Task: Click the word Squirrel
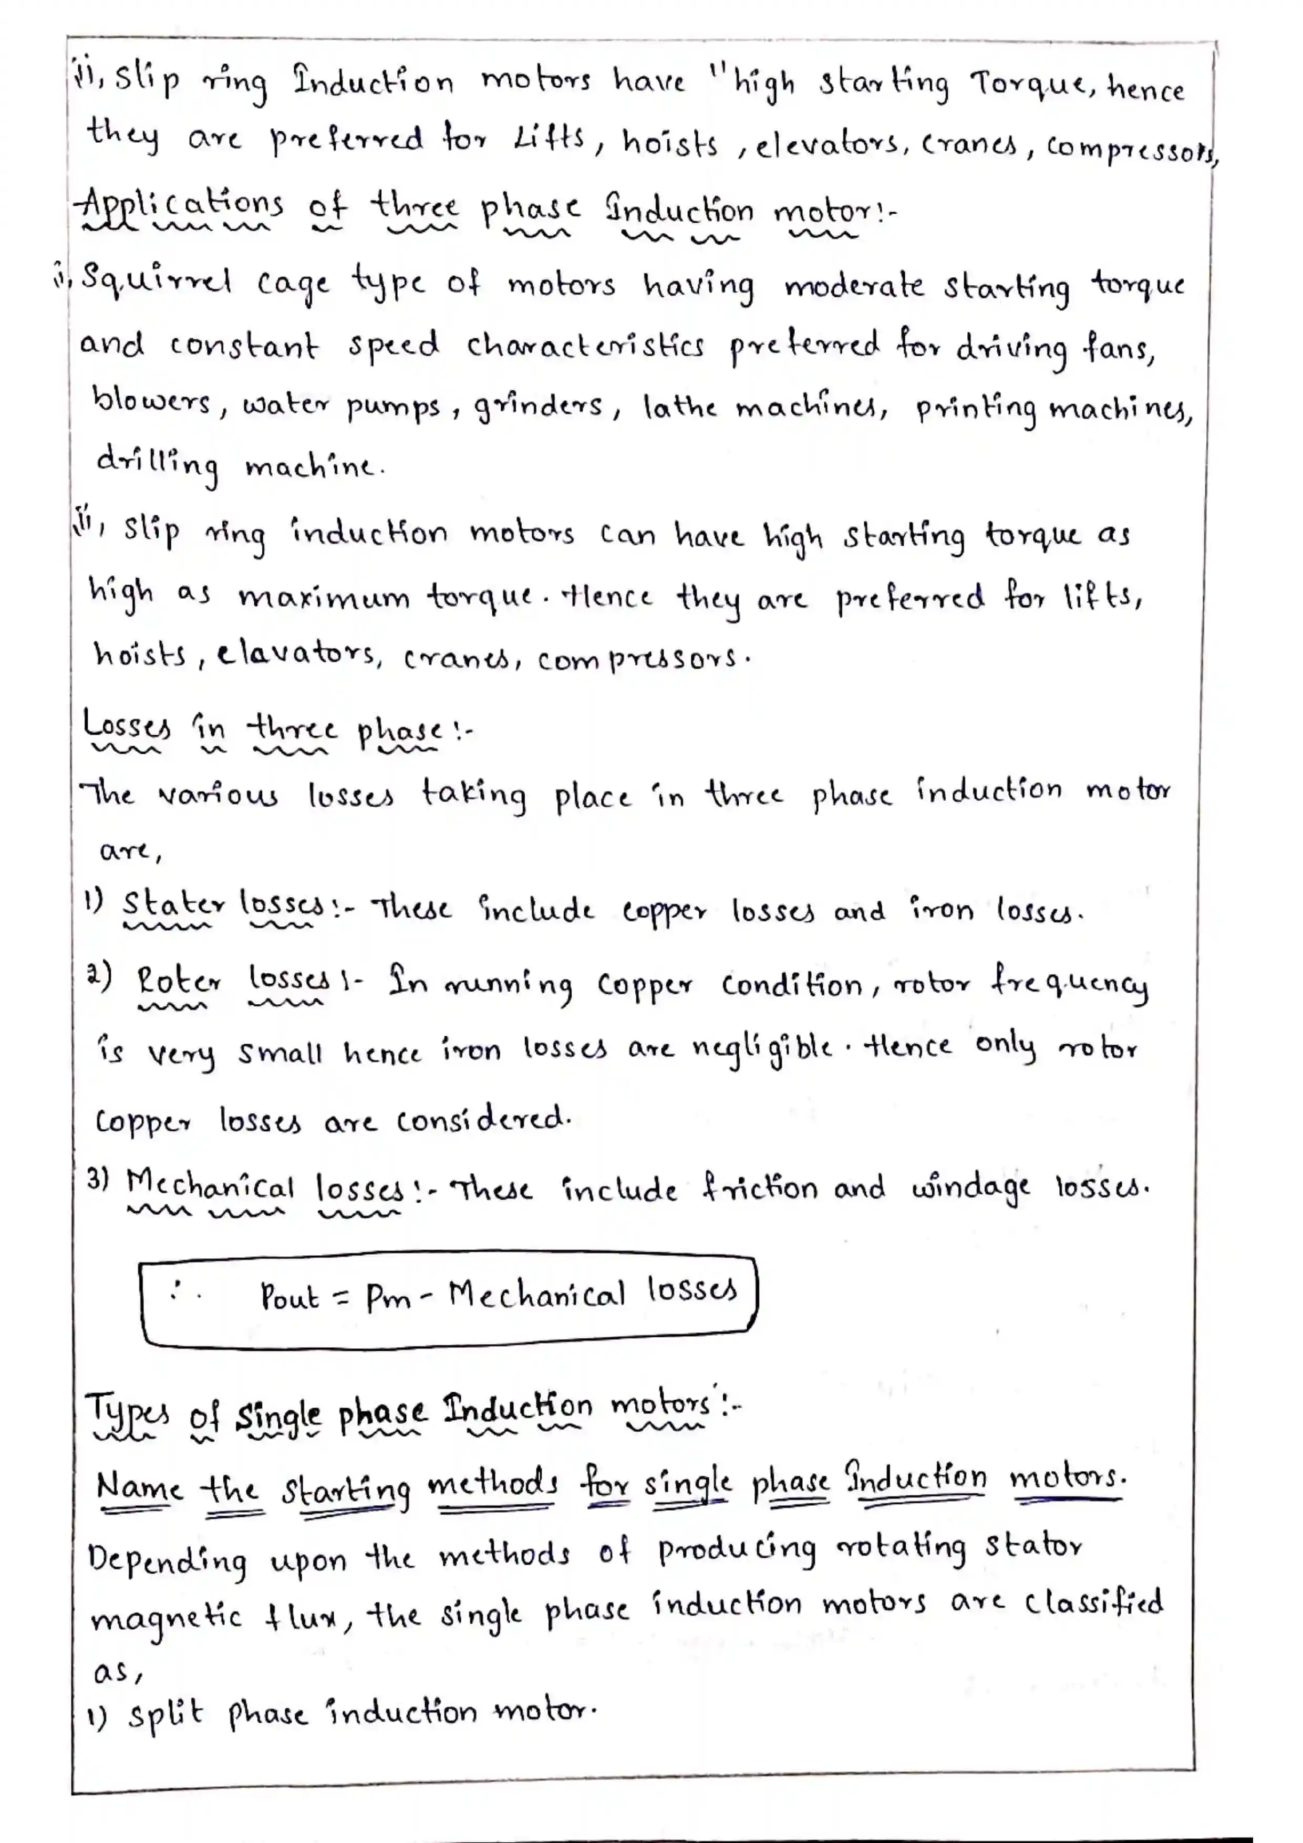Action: pos(157,281)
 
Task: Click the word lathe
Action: pos(679,407)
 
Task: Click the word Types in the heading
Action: pos(127,1413)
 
